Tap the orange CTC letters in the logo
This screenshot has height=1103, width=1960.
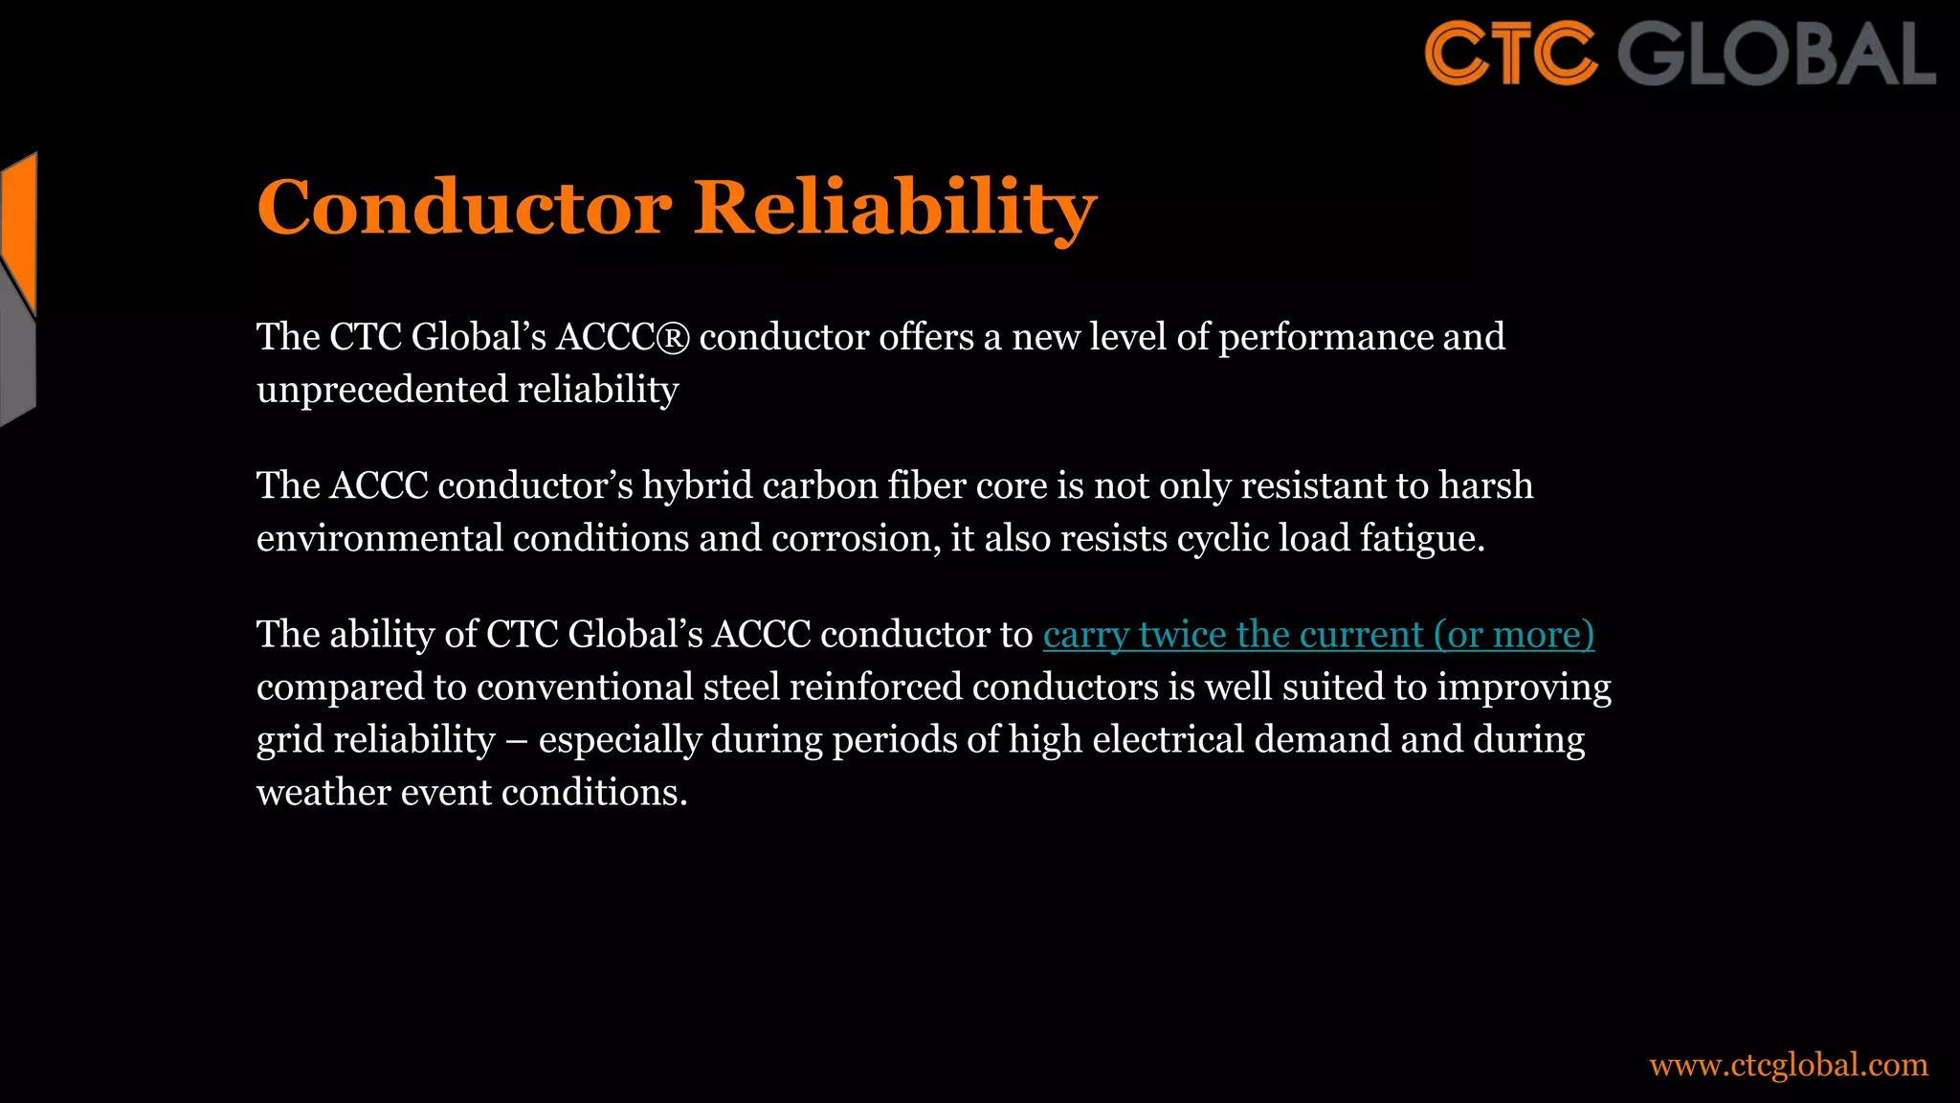coord(1510,54)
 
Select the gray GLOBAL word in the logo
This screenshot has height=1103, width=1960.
coord(1776,54)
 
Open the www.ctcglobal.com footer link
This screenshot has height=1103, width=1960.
coord(1788,1065)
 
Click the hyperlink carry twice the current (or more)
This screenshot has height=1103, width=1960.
coord(1318,635)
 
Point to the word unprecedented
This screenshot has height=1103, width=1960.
coord(382,391)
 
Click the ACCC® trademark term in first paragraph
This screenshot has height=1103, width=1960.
coord(622,337)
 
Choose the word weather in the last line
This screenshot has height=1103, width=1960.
coord(323,793)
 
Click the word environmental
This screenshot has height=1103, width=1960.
coord(380,539)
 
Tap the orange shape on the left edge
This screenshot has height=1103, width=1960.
coord(19,230)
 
